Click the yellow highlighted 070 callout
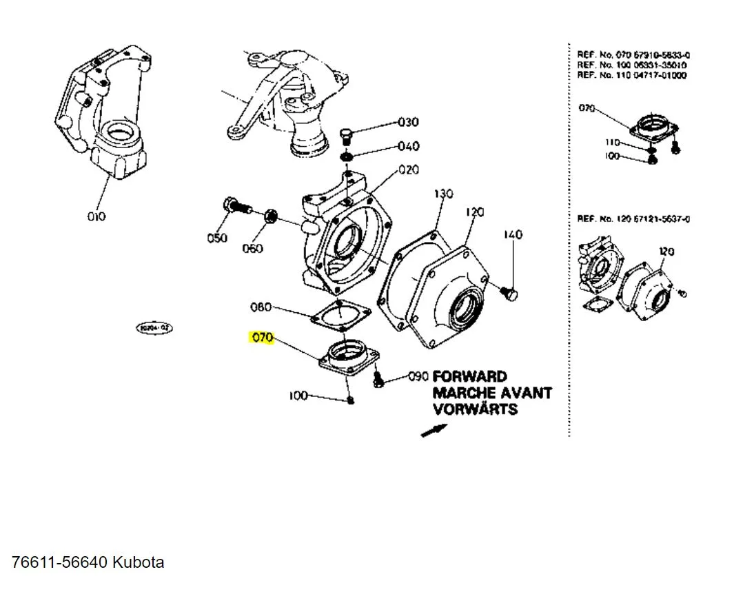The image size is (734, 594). point(263,338)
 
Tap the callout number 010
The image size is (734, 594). point(96,216)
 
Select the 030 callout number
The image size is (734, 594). point(407,123)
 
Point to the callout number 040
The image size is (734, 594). point(407,147)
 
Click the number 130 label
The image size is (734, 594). point(443,194)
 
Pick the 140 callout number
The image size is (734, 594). point(513,234)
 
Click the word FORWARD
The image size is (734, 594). point(469,377)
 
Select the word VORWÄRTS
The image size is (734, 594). point(475,409)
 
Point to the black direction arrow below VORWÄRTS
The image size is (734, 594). point(434,430)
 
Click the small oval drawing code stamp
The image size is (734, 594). point(154,328)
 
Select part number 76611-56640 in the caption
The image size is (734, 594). point(59,562)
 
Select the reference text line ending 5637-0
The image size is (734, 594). point(633,219)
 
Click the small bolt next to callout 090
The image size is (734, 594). point(378,378)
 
